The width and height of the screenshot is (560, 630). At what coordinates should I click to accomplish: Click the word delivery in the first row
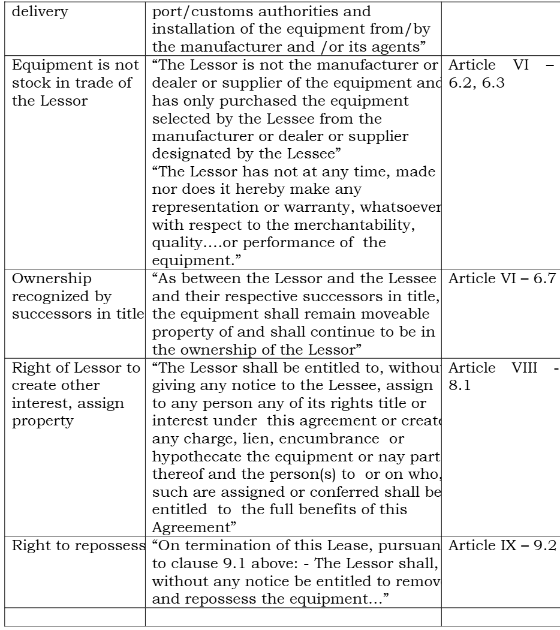click(x=29, y=11)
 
